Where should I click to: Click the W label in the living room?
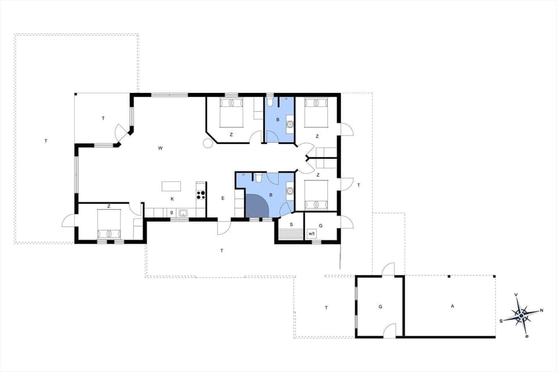(160, 148)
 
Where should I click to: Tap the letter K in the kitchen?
(172, 199)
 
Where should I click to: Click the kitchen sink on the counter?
(182, 213)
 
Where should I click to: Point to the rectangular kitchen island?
(171, 186)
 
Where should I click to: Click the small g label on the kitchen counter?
(172, 212)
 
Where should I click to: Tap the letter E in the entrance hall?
(223, 198)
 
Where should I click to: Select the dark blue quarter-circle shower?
(256, 206)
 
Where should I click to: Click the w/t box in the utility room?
(312, 234)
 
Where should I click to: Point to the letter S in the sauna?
(291, 224)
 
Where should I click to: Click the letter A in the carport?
(452, 306)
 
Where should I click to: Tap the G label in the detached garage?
(381, 306)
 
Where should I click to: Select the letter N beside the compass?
(541, 310)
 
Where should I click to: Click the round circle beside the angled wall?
(207, 143)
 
